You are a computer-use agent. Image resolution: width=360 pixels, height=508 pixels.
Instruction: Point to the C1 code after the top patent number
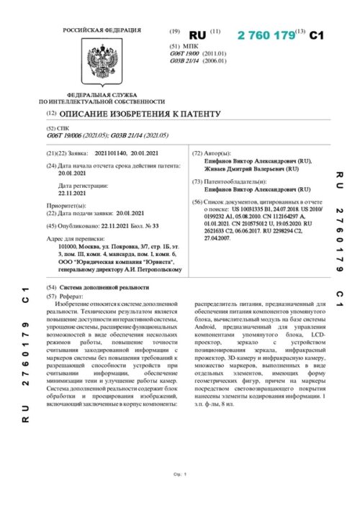(x=318, y=35)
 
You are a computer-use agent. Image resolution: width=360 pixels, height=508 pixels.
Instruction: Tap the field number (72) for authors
(x=197, y=154)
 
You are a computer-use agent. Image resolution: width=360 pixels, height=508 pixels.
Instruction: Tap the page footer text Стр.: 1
(x=180, y=474)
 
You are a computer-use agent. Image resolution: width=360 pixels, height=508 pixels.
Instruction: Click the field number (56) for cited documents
(x=197, y=202)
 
